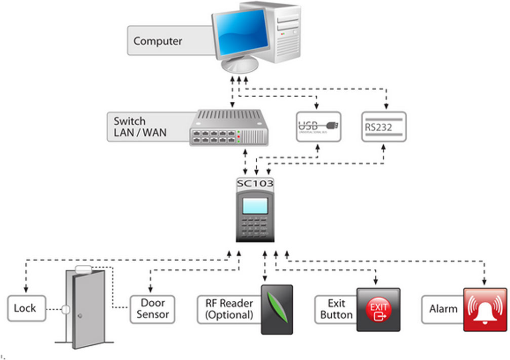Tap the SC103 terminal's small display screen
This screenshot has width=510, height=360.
point(255,206)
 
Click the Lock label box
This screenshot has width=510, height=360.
point(25,308)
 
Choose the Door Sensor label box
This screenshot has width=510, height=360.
point(152,309)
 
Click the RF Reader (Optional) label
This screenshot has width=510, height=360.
point(229,309)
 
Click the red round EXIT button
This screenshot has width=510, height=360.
point(378,309)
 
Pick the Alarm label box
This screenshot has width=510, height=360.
point(443,309)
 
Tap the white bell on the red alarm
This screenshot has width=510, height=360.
point(485,308)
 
